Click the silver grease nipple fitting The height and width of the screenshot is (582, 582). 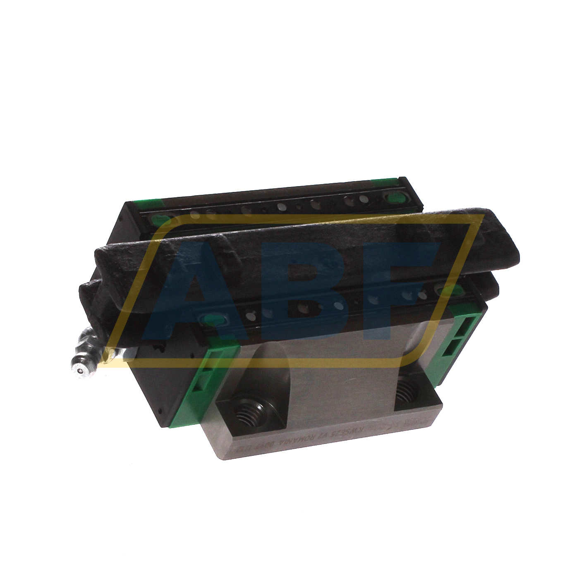coord(83,361)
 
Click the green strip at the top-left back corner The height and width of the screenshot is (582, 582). coord(145,203)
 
